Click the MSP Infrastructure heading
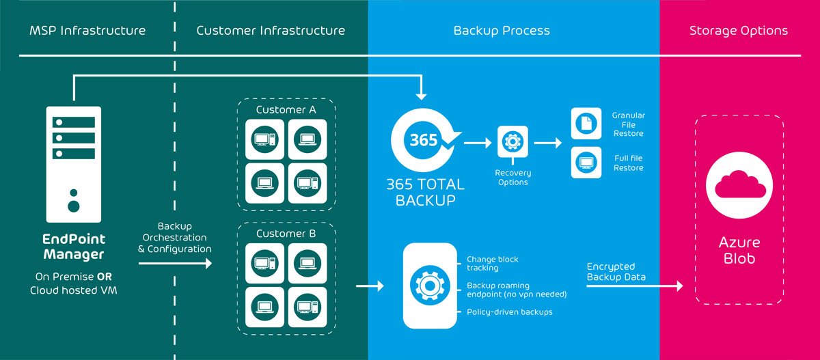(87, 31)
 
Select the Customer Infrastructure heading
(271, 31)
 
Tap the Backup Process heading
(502, 31)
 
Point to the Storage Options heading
(739, 31)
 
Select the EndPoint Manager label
(74, 247)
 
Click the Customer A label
(286, 110)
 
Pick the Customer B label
(286, 234)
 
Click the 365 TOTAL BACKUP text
(426, 192)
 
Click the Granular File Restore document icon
(585, 124)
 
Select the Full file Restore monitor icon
(585, 163)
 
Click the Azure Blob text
(739, 251)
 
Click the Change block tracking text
(493, 264)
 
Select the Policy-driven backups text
(510, 311)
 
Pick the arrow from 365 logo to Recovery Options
(478, 143)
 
